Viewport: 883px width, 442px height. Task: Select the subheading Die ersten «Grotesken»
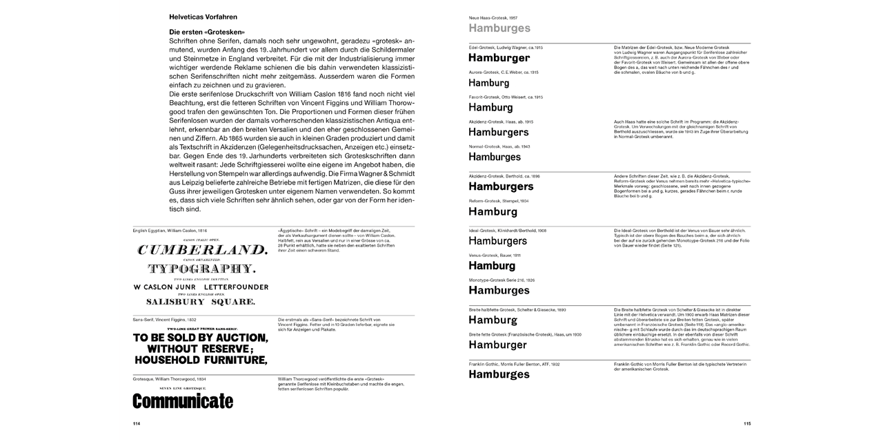coord(208,32)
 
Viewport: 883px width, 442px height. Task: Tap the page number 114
coord(137,423)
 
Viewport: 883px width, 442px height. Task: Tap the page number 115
coord(746,423)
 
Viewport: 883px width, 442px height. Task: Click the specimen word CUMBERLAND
coord(201,250)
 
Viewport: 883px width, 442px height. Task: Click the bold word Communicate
coord(183,401)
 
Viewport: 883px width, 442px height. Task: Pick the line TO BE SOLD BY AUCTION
coord(200,338)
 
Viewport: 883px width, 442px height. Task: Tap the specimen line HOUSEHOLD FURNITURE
coord(200,360)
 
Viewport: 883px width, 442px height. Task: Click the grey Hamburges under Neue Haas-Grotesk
coord(499,28)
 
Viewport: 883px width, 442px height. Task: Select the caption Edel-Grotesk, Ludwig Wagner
coord(505,47)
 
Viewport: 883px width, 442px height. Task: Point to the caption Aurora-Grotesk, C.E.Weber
coord(504,72)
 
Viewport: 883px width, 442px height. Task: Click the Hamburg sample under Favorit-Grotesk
coord(490,108)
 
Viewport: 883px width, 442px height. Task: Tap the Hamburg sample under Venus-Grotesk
coord(492,265)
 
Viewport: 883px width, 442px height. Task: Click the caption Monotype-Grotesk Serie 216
coord(502,280)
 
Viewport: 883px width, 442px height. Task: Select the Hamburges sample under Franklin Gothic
coord(499,374)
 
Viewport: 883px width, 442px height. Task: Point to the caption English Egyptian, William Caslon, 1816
coord(170,230)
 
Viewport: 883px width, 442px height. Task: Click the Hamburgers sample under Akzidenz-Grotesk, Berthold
coord(501,186)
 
